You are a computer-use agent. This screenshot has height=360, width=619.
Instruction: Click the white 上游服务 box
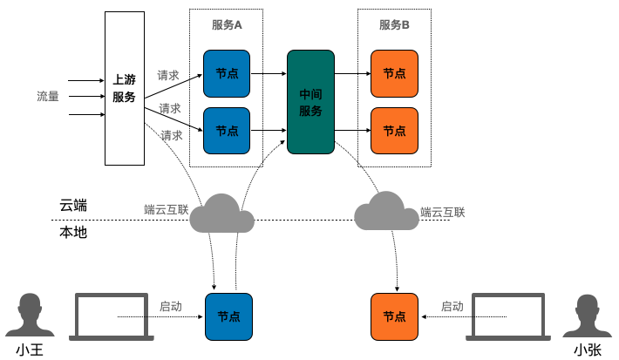(124, 89)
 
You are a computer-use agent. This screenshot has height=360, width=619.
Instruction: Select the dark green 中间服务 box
(310, 102)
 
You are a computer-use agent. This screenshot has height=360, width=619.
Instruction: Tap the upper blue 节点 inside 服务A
(227, 74)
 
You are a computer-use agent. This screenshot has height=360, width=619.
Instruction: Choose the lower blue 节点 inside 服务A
(227, 130)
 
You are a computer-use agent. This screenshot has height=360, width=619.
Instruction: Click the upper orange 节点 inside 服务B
(394, 74)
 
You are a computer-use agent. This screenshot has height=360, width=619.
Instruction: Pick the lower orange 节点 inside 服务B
(394, 130)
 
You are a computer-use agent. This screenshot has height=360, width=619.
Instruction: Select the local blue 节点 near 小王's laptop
(228, 316)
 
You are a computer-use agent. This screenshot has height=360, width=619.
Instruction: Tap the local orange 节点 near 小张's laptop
(394, 316)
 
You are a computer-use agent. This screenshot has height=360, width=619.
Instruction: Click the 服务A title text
(227, 25)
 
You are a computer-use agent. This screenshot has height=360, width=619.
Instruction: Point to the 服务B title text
(394, 25)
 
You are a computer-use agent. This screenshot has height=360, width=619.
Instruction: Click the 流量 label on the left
(48, 96)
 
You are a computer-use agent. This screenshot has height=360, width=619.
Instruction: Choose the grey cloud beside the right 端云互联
(386, 210)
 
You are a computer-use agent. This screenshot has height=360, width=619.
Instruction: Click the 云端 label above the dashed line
(73, 206)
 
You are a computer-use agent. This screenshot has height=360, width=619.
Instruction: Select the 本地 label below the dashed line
(73, 233)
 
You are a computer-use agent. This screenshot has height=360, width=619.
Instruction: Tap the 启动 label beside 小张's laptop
(452, 307)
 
